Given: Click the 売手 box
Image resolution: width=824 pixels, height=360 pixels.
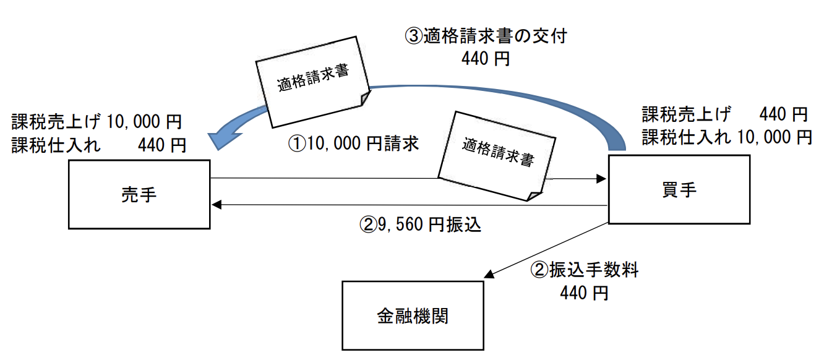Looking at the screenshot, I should point(139,194).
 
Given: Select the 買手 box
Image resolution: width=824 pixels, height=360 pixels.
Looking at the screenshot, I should point(679,189).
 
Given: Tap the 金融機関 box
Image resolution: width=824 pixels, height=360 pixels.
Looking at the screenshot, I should point(413,315).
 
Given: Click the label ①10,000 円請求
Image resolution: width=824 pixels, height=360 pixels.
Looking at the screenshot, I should point(354,145).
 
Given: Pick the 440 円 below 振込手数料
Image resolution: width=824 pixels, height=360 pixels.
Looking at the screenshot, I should point(583,292).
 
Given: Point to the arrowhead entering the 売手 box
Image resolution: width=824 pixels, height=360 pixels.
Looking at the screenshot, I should point(217,205).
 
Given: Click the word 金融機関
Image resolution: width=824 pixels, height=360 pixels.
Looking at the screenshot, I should point(413,316).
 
